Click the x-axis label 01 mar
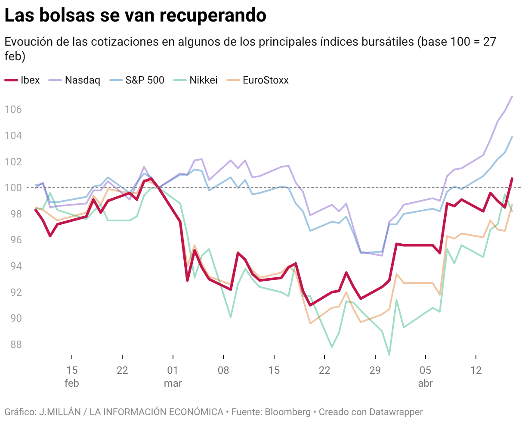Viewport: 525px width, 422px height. [173, 376]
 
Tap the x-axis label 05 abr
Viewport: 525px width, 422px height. [425, 376]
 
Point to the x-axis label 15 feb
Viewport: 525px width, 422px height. [72, 376]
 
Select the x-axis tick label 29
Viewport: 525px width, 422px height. [375, 370]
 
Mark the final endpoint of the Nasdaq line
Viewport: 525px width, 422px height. [512, 96]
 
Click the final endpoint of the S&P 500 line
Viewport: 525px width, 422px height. [512, 137]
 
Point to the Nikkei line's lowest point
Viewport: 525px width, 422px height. [389, 355]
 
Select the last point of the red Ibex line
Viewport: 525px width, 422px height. [512, 178]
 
